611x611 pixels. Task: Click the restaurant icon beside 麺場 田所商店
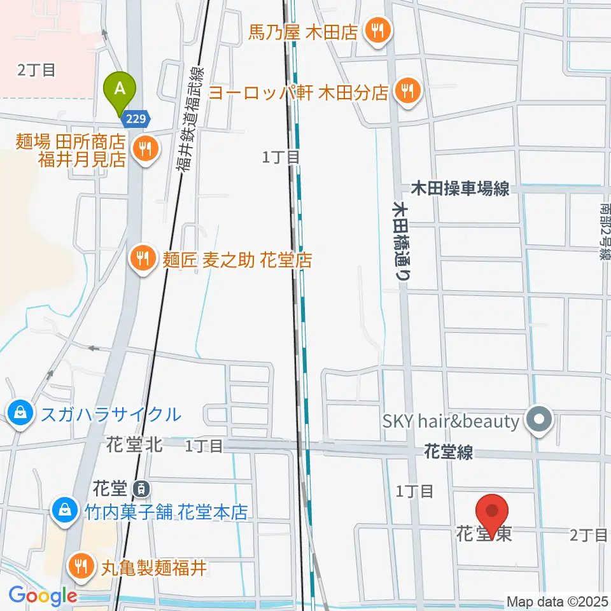point(146,150)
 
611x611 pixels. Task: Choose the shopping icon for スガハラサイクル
point(21,414)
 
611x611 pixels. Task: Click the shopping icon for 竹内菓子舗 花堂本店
point(64,510)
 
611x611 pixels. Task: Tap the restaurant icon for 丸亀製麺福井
point(81,566)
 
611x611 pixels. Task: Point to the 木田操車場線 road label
point(460,188)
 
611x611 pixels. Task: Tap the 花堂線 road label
point(448,453)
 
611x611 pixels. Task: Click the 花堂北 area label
point(135,445)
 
